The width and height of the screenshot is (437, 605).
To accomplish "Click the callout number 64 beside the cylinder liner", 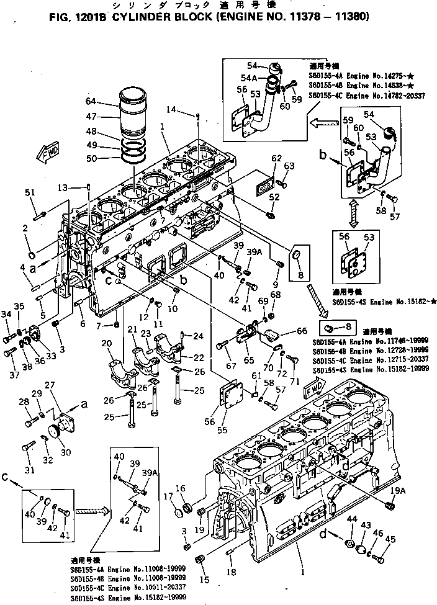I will (x=91, y=101).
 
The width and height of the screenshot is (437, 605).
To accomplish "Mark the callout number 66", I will (x=302, y=331).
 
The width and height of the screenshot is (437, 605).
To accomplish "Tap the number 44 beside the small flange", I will (x=352, y=518).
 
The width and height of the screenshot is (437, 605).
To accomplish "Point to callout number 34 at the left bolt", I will (x=6, y=315).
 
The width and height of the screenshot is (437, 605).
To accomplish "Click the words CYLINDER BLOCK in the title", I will (x=160, y=17).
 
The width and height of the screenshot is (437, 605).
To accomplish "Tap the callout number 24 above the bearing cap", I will (x=198, y=337).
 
